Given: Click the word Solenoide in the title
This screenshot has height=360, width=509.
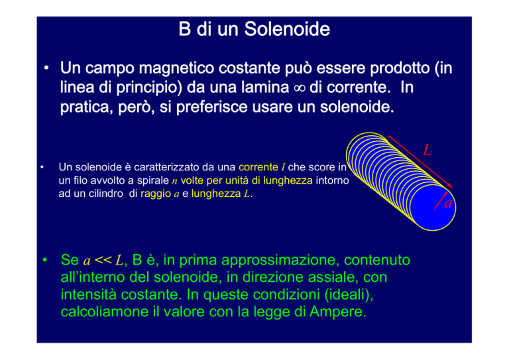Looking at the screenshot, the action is (287, 29).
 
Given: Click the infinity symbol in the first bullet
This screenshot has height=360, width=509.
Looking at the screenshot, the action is (300, 88).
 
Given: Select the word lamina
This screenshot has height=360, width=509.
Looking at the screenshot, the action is (264, 88).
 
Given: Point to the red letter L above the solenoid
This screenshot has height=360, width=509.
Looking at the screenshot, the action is (427, 150).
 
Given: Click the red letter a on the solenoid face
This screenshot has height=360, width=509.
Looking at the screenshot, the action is (448, 204).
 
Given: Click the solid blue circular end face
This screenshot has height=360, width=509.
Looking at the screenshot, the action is (431, 207).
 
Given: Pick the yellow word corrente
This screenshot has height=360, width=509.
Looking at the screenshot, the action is (258, 167).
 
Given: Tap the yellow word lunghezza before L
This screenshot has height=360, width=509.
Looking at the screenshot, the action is (216, 194).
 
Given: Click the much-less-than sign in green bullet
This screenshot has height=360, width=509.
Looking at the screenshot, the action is (103, 260).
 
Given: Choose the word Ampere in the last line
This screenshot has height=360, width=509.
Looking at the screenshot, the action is (337, 312).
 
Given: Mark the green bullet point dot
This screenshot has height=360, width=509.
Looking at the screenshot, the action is (45, 260).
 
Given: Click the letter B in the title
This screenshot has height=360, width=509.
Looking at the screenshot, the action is (184, 29).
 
